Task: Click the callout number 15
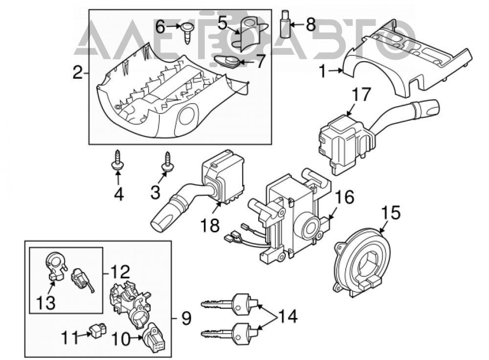[x=391, y=213]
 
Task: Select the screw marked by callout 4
[x=117, y=160]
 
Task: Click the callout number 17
[x=362, y=94]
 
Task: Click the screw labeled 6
[x=187, y=33]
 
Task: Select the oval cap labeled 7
[x=227, y=60]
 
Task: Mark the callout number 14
[x=288, y=316]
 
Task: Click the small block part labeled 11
[x=98, y=329]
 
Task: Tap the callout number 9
[x=186, y=318]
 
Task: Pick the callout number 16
[x=344, y=197]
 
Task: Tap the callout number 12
[x=120, y=272]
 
